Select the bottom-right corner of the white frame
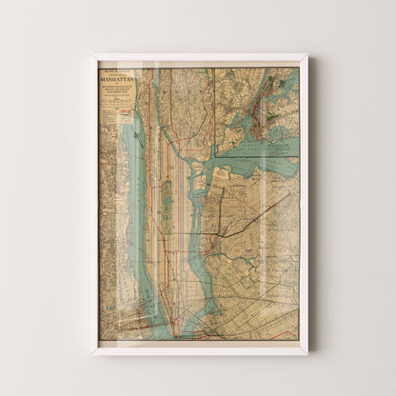[307, 353]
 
